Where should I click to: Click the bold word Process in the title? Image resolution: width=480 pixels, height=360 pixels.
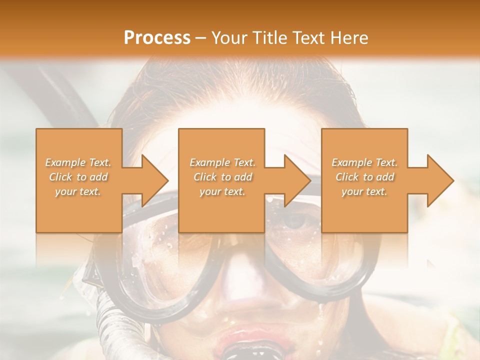(157, 38)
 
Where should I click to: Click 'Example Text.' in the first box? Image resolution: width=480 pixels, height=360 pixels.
(78, 162)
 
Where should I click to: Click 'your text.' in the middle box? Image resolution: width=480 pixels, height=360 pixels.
(222, 191)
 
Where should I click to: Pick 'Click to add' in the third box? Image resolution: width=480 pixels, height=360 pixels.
(364, 177)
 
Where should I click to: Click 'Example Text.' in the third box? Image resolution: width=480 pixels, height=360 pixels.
(364, 162)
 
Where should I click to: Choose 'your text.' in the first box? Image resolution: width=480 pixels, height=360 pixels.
(78, 191)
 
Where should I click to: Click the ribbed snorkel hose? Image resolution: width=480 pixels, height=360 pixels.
(112, 320)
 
